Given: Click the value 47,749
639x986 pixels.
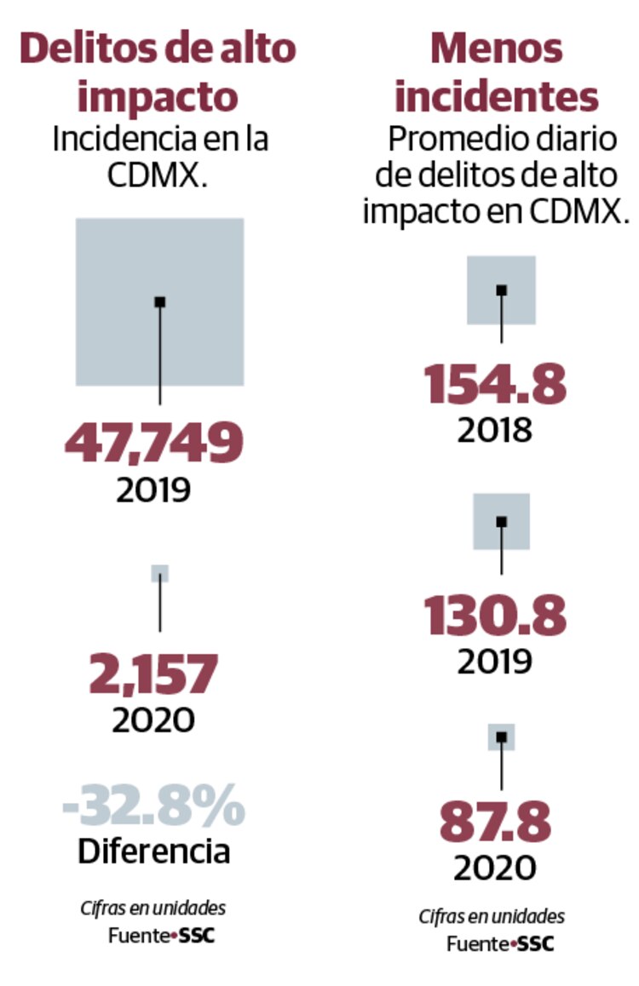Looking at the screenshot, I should tap(154, 443).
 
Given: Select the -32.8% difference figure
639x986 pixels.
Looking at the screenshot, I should tap(153, 806).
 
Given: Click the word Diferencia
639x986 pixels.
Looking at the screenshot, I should tap(154, 851).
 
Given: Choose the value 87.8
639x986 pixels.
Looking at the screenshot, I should tap(495, 822).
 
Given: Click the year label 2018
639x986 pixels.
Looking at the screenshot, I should tap(495, 431).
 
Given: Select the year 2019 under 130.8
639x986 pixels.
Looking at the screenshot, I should tap(495, 662).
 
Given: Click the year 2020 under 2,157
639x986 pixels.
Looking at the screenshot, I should tap(154, 720).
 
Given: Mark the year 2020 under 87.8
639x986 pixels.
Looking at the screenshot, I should tap(495, 868).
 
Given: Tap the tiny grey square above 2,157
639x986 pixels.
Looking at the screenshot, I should tap(160, 573).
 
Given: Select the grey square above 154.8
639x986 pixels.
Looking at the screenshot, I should tap(501, 289).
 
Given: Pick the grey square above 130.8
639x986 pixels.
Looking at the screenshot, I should tap(502, 521).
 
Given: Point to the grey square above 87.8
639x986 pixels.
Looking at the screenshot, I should tap(501, 737).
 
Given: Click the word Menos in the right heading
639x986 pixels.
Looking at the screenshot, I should tap(496, 49).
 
